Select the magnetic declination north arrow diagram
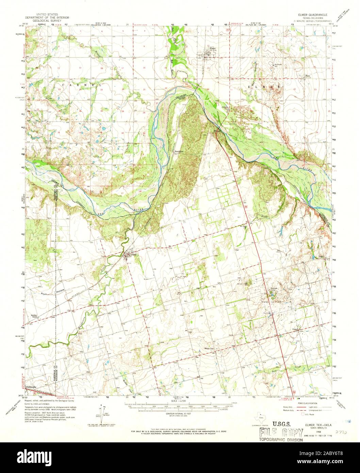[x=103, y=411]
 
